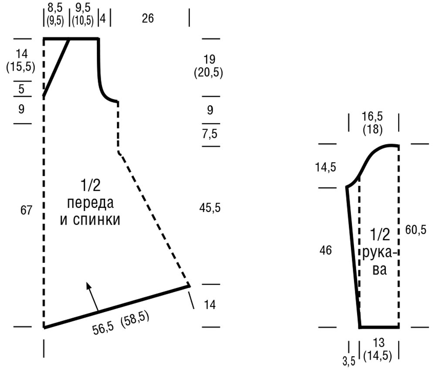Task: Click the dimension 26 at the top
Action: click(x=148, y=18)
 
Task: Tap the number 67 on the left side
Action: click(x=26, y=210)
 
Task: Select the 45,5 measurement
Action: click(x=210, y=208)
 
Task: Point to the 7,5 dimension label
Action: click(x=210, y=134)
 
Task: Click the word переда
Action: click(x=90, y=203)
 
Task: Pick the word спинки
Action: click(x=96, y=220)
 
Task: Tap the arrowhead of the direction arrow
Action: click(x=89, y=286)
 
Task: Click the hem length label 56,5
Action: click(x=103, y=328)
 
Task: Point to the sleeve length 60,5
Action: click(x=416, y=230)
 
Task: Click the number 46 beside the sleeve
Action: click(x=326, y=250)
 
